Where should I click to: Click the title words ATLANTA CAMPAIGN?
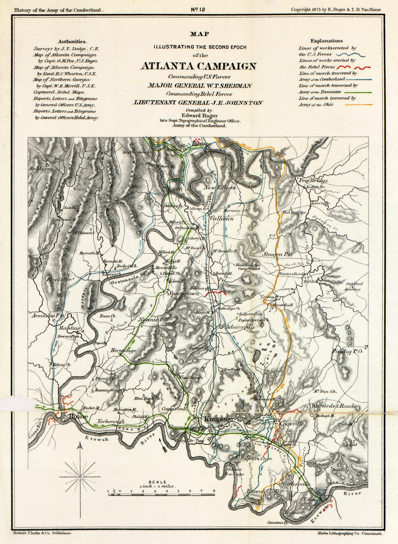pyautogui.click(x=198, y=66)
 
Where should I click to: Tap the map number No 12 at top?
pyautogui.click(x=198, y=9)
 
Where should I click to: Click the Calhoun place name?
pyautogui.click(x=222, y=218)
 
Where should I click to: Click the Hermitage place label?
pyautogui.click(x=123, y=351)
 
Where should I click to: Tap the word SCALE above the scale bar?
pyautogui.click(x=160, y=482)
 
